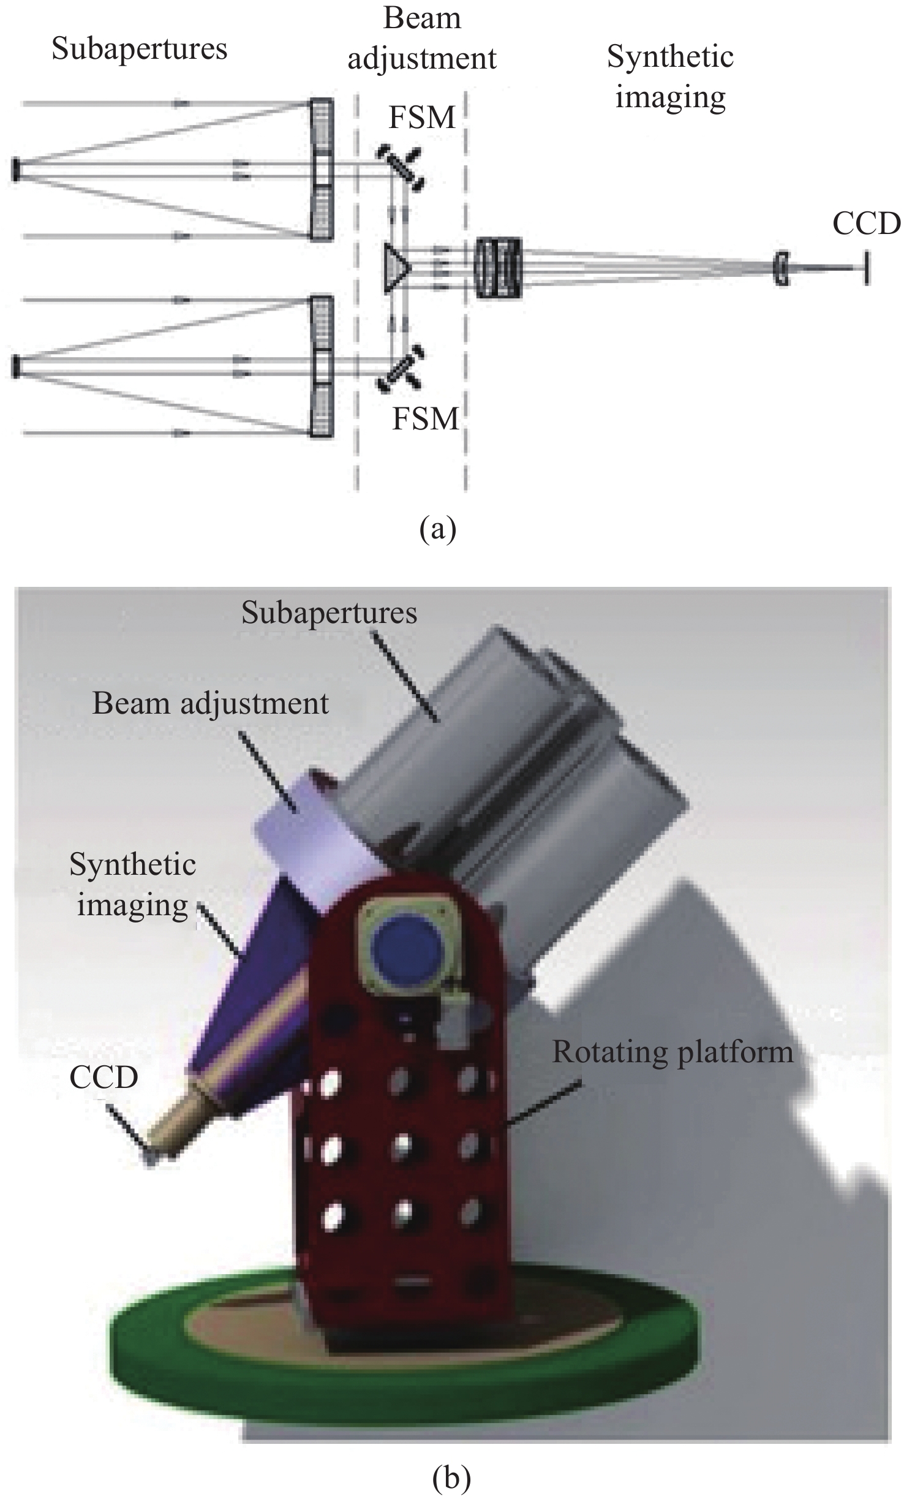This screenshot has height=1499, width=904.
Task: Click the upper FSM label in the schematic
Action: coord(422,118)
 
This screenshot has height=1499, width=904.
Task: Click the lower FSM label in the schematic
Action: coord(425,419)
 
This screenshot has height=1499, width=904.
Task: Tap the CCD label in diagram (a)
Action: coord(866,224)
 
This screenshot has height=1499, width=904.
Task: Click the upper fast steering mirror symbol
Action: coord(402,167)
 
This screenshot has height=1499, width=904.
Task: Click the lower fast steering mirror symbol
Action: coord(401,368)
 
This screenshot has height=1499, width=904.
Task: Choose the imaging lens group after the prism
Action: coord(499,268)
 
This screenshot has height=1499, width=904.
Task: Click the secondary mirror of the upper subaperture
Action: coord(15,170)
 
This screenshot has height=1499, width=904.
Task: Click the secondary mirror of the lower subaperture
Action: coord(15,366)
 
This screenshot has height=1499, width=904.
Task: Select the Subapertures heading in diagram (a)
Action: coord(139,49)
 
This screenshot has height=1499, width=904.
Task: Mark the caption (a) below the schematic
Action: coord(438,529)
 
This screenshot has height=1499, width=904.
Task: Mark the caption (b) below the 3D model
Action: coord(451,1473)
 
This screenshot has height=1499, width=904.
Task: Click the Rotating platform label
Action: coord(672,1052)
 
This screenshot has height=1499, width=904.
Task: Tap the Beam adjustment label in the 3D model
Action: coord(210,704)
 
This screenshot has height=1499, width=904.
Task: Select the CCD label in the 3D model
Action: coord(104,1078)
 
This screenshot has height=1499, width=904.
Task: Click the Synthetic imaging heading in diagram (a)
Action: coord(670,77)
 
